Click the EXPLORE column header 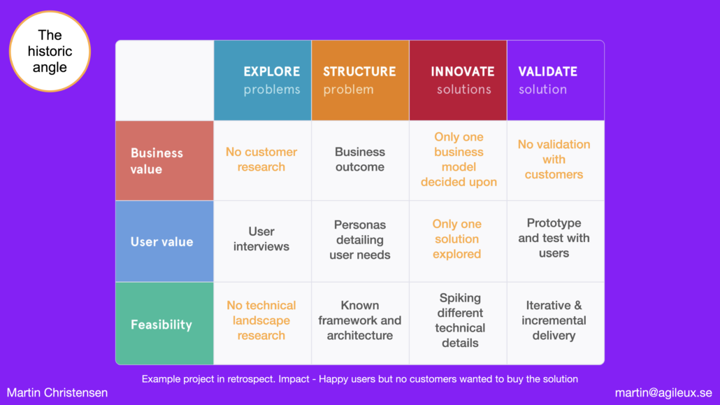point(262,80)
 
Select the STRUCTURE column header point(360,80)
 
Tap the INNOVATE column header point(458,80)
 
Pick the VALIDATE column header point(556,80)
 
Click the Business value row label point(164,161)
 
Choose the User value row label point(164,241)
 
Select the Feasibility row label point(164,324)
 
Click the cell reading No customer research point(261,159)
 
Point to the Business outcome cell point(360,159)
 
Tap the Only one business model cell point(459,159)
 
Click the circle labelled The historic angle point(50,52)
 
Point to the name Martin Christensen point(57,392)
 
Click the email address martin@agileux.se point(663,393)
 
